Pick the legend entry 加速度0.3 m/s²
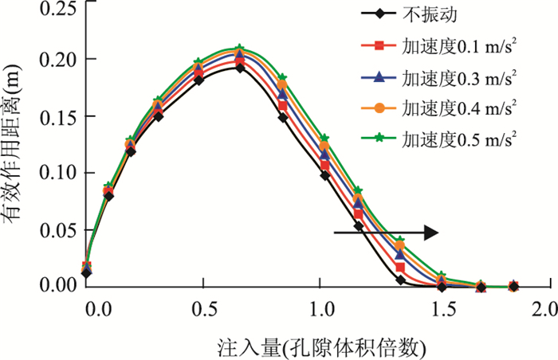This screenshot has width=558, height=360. (x=465, y=77)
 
